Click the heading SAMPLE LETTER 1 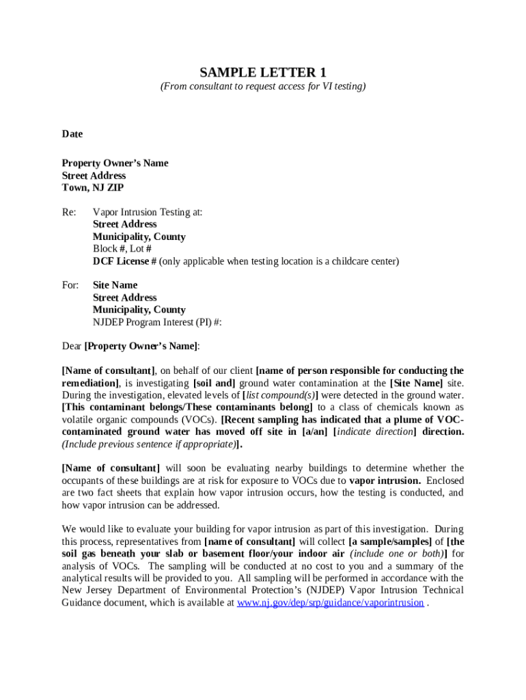263,72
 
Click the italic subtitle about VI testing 263,86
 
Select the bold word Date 72,134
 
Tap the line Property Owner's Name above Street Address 115,163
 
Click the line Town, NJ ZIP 93,187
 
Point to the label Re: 69,212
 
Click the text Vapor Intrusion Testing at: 148,212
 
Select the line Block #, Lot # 122,249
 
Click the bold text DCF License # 125,261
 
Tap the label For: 70,285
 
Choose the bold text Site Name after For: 115,285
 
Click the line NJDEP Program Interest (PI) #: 157,322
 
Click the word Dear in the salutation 72,346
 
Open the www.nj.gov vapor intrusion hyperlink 330,603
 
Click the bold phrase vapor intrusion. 385,481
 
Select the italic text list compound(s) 280,395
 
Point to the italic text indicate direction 376,432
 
